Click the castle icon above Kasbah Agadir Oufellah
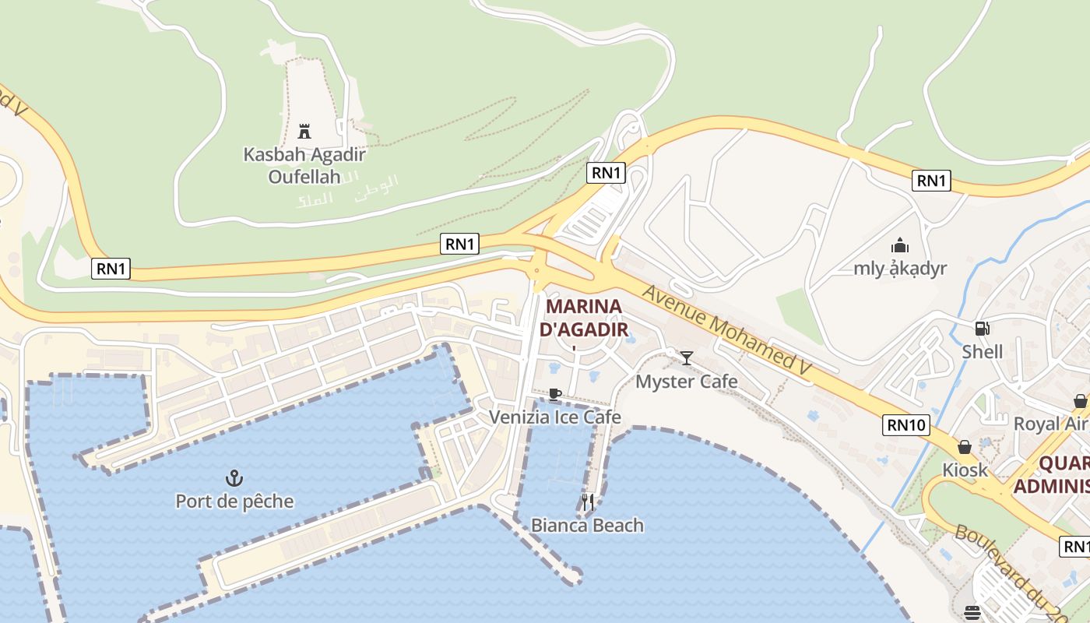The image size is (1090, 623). coord(304,131)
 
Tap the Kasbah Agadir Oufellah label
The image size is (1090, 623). coord(304,165)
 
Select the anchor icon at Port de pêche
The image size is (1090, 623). coord(234,477)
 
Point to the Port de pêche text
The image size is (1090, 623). coord(234,501)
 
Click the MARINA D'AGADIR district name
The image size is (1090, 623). coord(584,318)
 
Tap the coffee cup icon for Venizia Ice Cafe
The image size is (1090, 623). coord(554,394)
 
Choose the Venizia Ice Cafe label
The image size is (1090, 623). coord(554,417)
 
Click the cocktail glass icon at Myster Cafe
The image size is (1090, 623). coord(686,358)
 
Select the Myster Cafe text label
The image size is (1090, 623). coord(686,382)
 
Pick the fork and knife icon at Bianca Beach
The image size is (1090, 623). coord(588,502)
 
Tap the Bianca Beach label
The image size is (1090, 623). coord(587,526)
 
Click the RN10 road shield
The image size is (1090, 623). coord(907,424)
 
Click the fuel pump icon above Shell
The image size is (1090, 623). coord(982,329)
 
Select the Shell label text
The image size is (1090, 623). coord(982,352)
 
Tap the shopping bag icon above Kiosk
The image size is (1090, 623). coord(965,447)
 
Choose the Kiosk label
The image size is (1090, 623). coord(965,470)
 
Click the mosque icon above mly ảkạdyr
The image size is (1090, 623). coord(900,245)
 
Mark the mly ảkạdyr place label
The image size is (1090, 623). coord(900,269)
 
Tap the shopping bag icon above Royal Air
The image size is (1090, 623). coord(1081,401)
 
